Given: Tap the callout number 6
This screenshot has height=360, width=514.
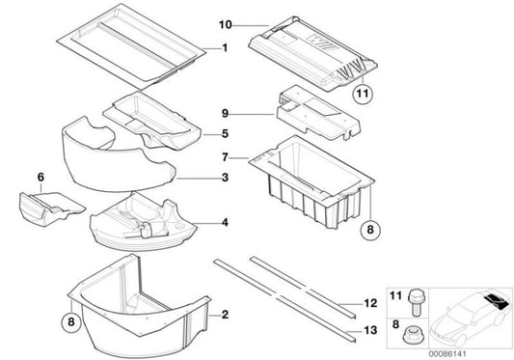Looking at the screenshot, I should click(40, 177).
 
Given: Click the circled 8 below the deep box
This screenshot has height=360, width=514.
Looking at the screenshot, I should click(373, 231).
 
